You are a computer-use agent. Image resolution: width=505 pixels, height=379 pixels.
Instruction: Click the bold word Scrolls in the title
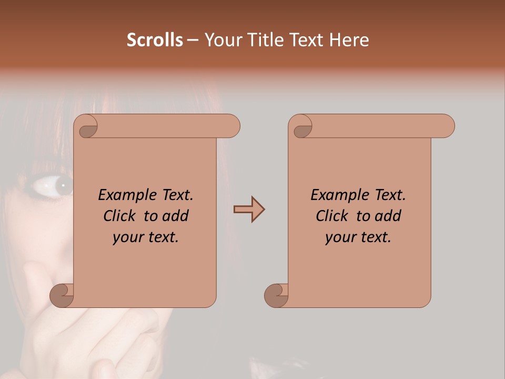[155, 40]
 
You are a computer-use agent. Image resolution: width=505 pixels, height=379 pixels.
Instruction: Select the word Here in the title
[349, 40]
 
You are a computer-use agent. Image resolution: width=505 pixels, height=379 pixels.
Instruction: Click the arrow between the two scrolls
[249, 210]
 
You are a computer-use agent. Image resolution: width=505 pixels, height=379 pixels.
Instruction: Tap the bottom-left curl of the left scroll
[62, 296]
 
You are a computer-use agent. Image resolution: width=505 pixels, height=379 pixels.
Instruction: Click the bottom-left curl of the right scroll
[277, 296]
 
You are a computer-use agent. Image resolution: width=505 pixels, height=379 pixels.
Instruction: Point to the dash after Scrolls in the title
[193, 41]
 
